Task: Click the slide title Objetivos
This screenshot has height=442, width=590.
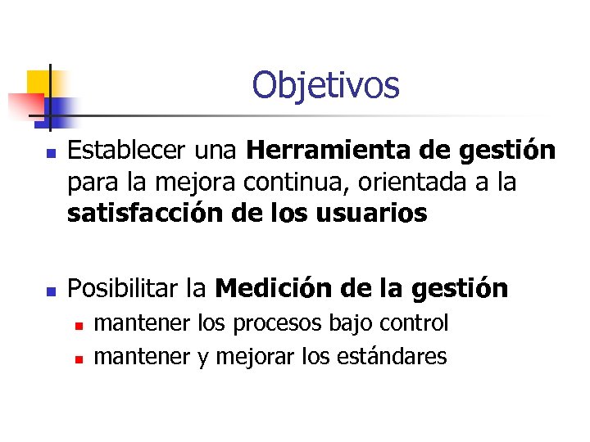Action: (x=325, y=85)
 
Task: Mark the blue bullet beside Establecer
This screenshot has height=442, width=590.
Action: (x=51, y=153)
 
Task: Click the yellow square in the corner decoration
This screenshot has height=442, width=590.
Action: (x=38, y=82)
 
